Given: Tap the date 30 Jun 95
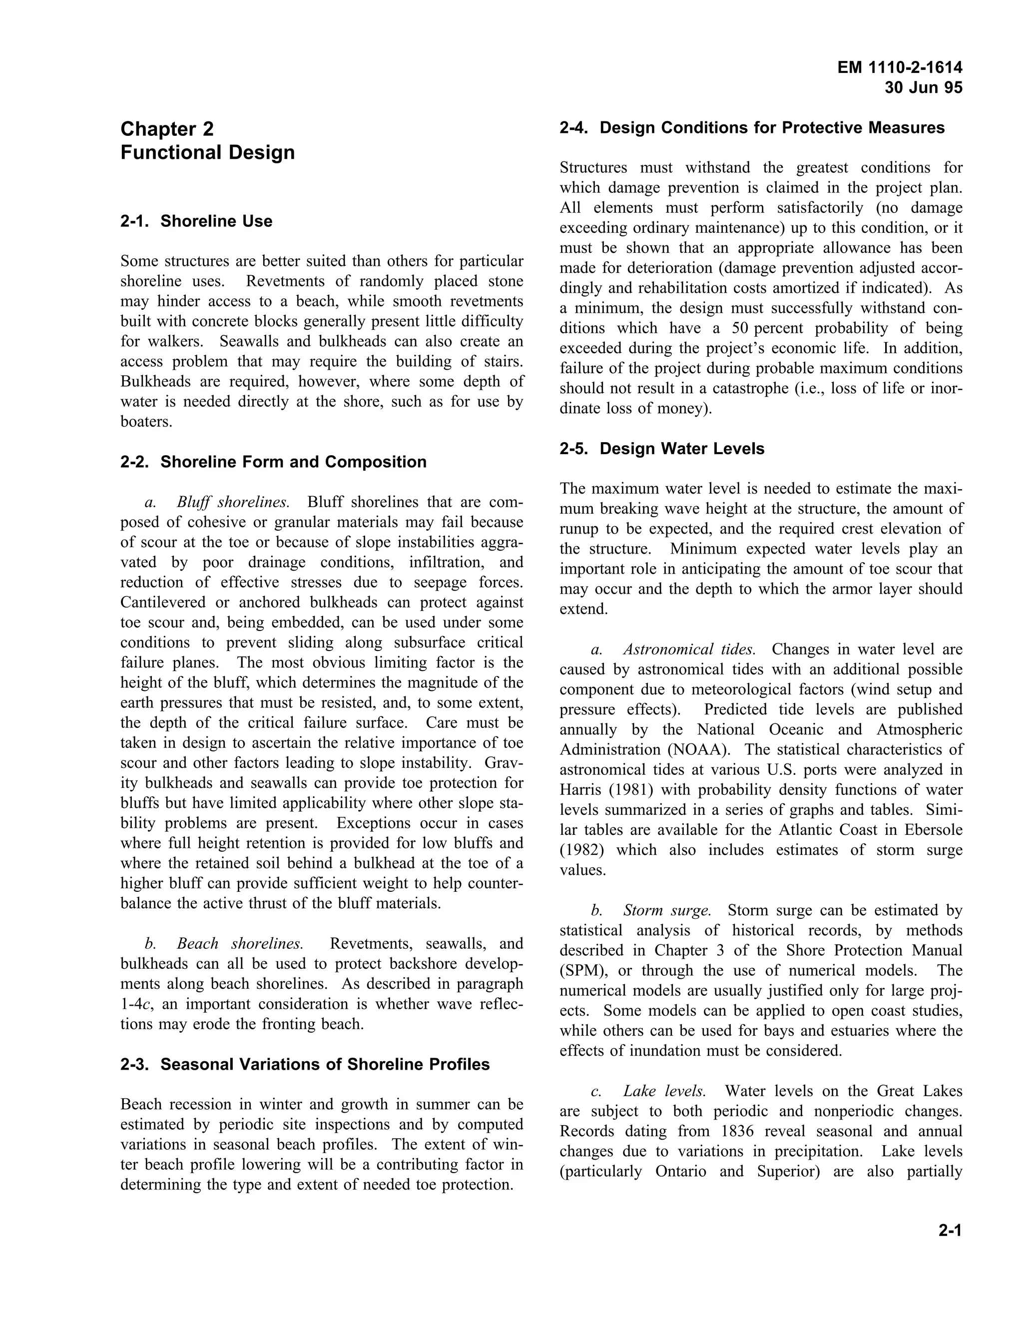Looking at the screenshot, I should (x=923, y=88).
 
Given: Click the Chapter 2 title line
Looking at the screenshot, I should (x=167, y=128).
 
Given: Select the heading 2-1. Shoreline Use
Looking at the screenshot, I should (x=196, y=221).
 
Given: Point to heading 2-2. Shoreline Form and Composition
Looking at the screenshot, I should (x=273, y=462).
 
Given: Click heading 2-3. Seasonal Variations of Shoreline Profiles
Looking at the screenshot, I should (x=305, y=1065).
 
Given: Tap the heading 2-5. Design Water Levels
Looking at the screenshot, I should (x=662, y=449).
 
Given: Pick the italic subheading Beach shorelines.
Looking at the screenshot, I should (x=240, y=944).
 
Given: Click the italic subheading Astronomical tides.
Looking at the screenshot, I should (x=689, y=650).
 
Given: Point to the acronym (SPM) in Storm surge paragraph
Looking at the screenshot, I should (x=583, y=971).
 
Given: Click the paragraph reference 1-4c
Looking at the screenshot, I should (x=135, y=1005).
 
